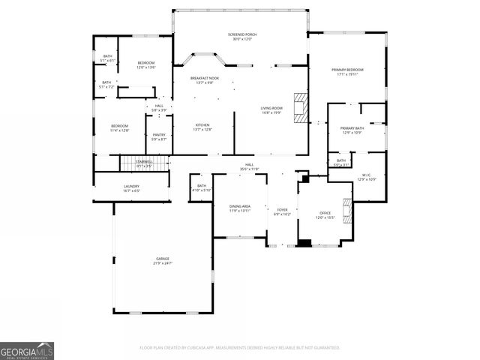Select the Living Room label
coord(271,111)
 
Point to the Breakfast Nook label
coord(204,80)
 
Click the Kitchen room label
coord(202,127)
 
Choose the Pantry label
coord(159,138)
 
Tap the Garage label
coord(162,261)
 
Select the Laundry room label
coord(131,189)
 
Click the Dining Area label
coord(239,208)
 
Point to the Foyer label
coord(283,212)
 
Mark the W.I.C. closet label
coord(367,178)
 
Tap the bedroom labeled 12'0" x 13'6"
coord(145,65)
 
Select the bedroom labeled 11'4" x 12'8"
coord(120,128)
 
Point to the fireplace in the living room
coord(300,107)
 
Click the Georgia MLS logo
coord(27,350)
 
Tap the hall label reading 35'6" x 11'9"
coord(250,167)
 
